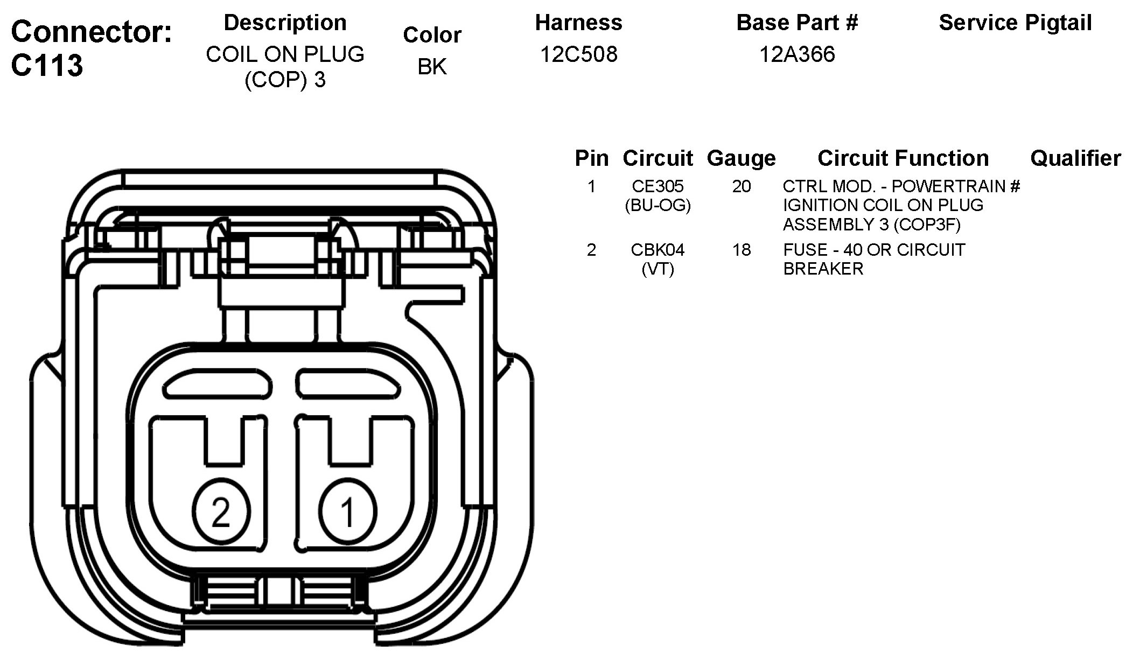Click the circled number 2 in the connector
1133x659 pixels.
(221, 511)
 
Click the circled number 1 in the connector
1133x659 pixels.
(347, 511)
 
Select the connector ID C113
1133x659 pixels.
(47, 66)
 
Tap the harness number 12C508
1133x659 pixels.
(578, 54)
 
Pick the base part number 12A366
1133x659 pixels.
(797, 54)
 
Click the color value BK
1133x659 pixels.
(432, 67)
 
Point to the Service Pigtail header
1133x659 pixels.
(1015, 23)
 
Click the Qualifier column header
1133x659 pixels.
(1075, 158)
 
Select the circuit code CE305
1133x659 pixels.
(658, 186)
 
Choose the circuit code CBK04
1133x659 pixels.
(658, 250)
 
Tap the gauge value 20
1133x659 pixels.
(741, 186)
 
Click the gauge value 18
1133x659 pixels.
(741, 250)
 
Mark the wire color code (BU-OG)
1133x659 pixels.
(658, 205)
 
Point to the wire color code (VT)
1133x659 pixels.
(658, 269)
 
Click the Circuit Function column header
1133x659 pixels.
(903, 158)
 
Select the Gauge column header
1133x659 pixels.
(741, 158)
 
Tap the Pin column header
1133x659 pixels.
(591, 158)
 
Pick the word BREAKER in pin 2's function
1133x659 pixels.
(823, 269)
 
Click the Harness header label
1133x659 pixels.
(578, 23)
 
